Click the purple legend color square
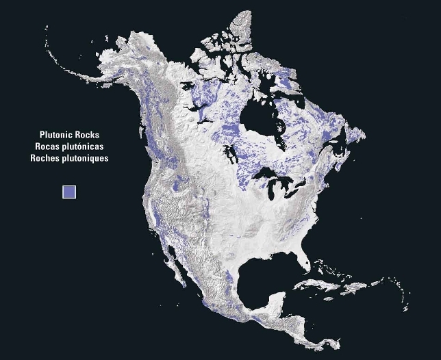coord(69,192)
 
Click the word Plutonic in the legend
coord(57,136)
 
